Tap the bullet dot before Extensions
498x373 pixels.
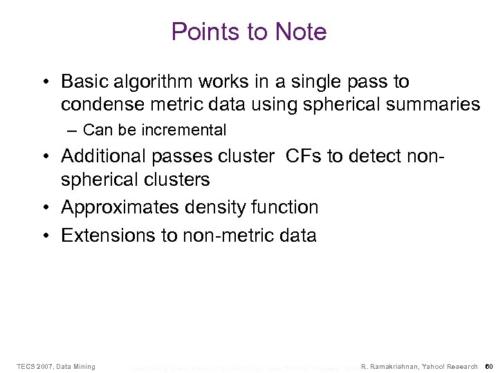pyautogui.click(x=45, y=236)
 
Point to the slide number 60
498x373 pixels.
pyautogui.click(x=488, y=366)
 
